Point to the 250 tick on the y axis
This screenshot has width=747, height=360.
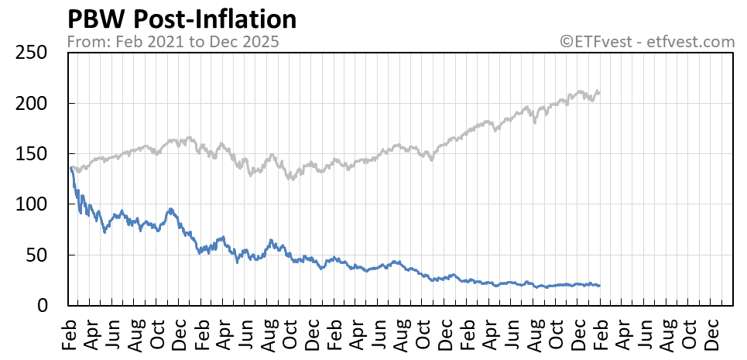[x=32, y=53]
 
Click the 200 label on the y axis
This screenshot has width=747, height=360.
[x=32, y=103]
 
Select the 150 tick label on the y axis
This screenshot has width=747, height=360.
[x=32, y=154]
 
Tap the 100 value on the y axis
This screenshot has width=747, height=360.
[x=32, y=204]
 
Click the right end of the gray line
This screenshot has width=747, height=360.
[x=599, y=92]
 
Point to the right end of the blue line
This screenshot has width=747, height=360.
[x=599, y=286]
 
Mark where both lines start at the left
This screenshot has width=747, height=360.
[x=70, y=168]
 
